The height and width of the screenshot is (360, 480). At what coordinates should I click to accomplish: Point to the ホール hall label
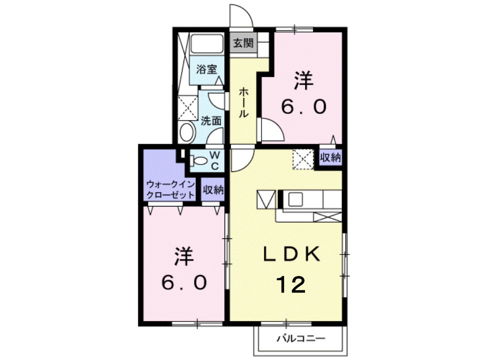point(243,102)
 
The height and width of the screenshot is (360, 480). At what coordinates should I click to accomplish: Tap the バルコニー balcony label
point(301,339)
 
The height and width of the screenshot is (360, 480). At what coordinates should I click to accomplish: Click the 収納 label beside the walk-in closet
point(213,189)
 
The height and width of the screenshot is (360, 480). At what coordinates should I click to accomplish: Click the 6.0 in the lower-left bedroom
point(183,283)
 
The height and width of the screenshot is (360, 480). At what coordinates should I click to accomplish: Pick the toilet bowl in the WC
point(199,161)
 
